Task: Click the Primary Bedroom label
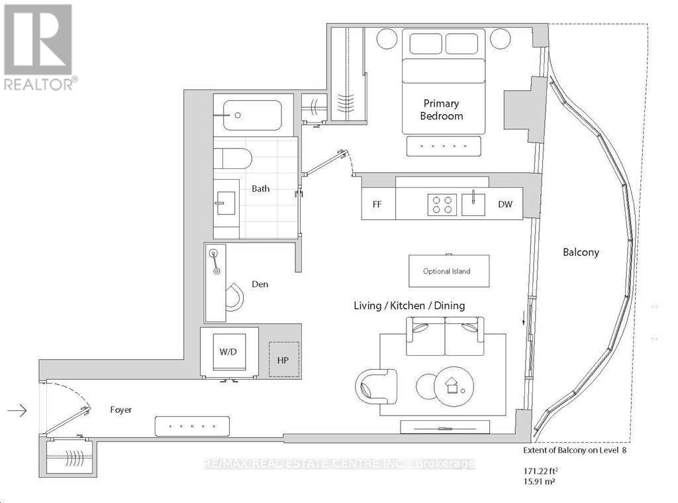442,110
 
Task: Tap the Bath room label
260,189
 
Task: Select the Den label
260,284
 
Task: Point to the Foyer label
121,410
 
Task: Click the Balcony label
581,252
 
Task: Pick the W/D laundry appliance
228,352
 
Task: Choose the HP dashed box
283,359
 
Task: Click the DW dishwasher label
505,204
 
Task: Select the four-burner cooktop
442,205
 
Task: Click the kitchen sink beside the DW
473,204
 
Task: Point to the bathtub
252,115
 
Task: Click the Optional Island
449,271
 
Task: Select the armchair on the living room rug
376,386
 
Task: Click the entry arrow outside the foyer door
17,410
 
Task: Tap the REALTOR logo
38,48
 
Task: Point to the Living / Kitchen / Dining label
409,306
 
